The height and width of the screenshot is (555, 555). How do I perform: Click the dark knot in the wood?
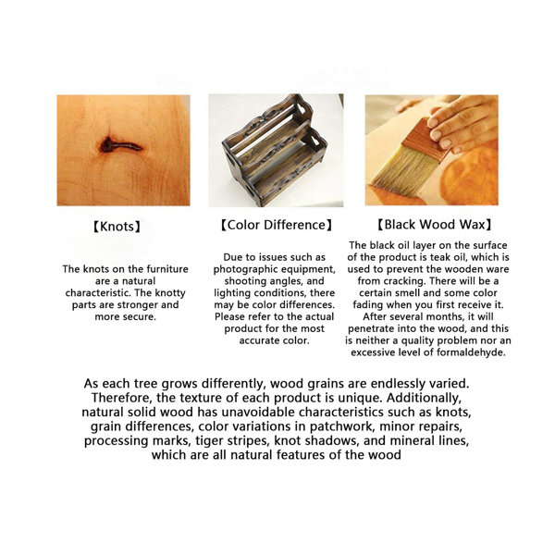[119, 145]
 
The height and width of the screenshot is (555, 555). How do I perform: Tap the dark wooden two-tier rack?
[275, 149]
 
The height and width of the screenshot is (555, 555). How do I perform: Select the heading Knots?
[117, 227]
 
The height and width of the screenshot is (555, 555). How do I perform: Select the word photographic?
[243, 269]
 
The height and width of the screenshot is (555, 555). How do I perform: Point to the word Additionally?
[424, 398]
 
